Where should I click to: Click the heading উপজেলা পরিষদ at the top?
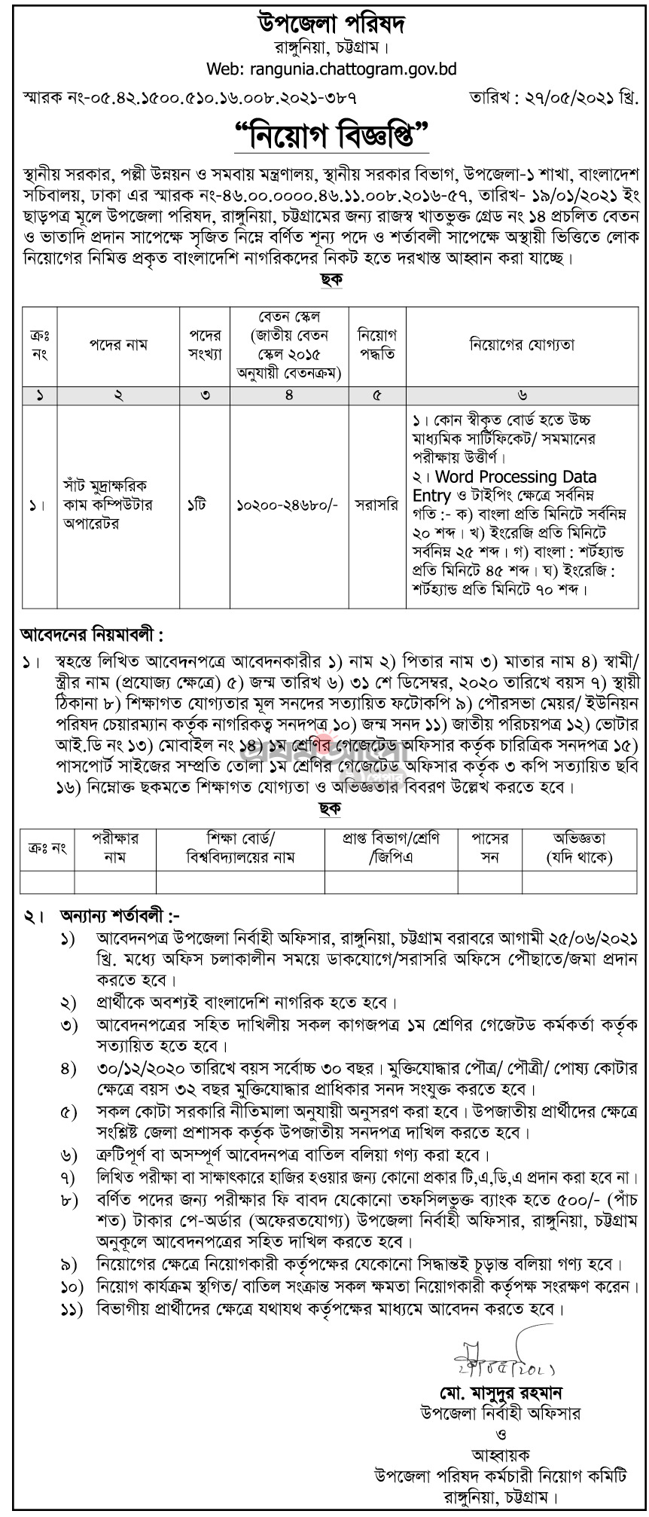324,24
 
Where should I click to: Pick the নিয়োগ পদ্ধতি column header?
377,344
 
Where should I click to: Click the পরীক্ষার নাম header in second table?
114,847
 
